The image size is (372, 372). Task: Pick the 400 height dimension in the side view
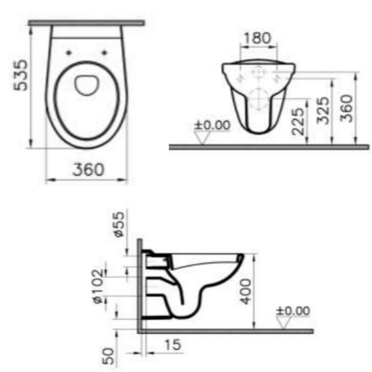tap(247, 291)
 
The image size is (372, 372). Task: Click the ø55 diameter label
tap(120, 225)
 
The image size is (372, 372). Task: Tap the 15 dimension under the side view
tap(173, 345)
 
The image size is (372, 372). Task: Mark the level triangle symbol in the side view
tap(284, 323)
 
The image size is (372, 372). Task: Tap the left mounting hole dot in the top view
tap(69, 53)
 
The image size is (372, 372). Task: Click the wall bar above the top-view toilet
tap(86, 22)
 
